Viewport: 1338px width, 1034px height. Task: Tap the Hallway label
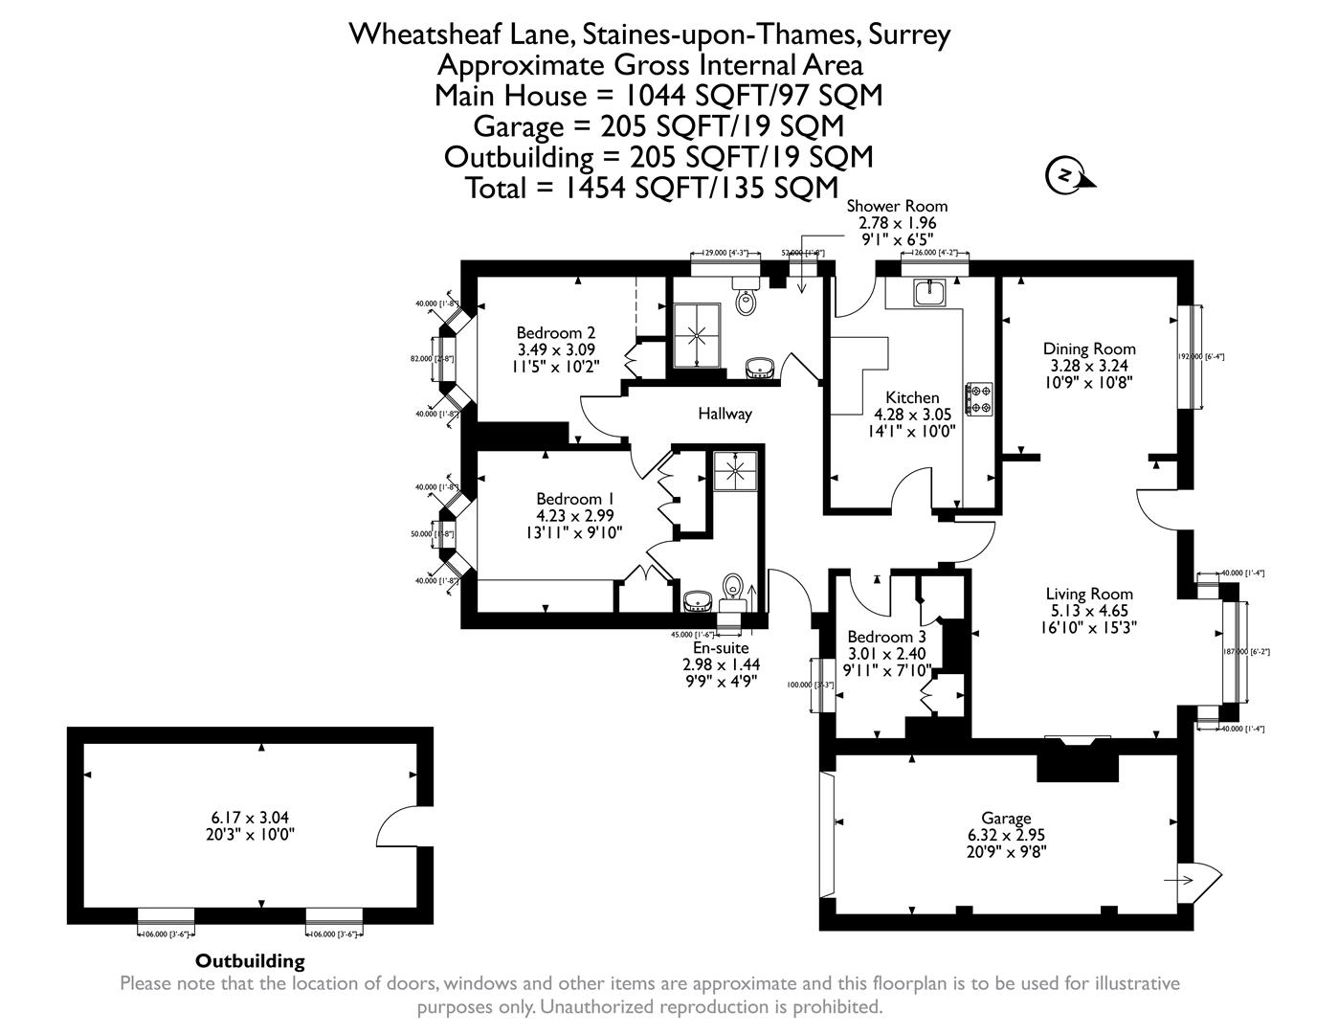[725, 414]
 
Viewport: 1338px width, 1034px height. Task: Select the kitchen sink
[927, 292]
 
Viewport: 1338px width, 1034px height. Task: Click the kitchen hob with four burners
[980, 398]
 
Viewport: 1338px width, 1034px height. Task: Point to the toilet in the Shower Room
[746, 300]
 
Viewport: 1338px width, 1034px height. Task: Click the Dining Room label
[1089, 349]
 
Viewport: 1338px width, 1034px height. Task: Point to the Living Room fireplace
[1079, 756]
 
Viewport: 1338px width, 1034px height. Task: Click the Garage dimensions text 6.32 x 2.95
[1006, 834]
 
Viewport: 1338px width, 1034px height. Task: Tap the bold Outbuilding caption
[250, 960]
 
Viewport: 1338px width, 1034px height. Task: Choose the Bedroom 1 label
[574, 499]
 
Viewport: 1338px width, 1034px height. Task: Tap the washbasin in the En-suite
[698, 600]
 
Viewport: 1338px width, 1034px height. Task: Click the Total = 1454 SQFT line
[652, 187]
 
